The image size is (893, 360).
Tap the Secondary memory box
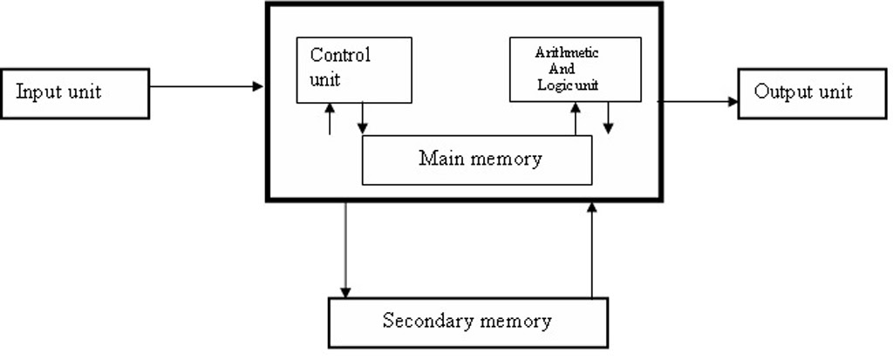[x=467, y=322]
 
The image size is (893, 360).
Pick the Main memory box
[x=477, y=160]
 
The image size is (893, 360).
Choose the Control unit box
[x=353, y=69]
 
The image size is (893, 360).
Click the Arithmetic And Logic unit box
[x=575, y=69]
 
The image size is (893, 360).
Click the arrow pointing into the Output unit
[x=698, y=101]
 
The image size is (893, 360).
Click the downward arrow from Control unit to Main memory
[x=363, y=119]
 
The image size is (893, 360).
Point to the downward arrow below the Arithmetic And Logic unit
[x=609, y=119]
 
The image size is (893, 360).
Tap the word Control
[x=340, y=56]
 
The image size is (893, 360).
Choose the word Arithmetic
[x=567, y=52]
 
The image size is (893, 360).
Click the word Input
[x=37, y=92]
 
